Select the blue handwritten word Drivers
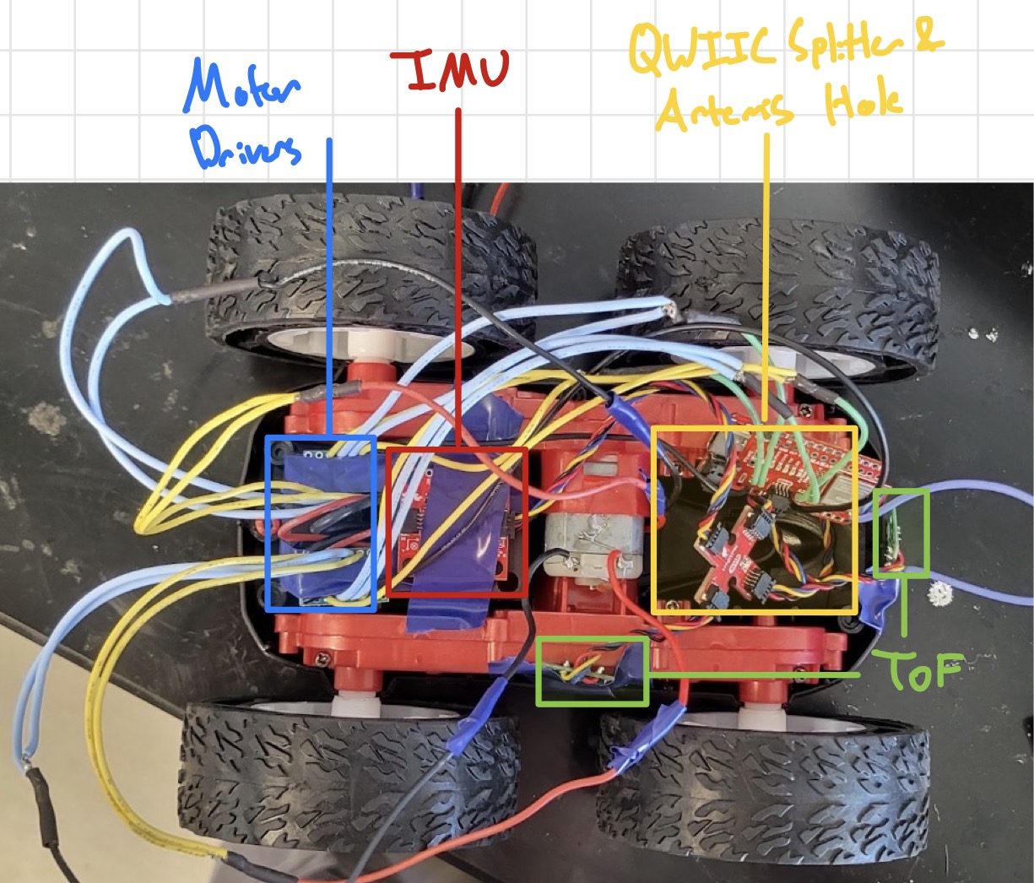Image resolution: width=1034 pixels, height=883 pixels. point(246,149)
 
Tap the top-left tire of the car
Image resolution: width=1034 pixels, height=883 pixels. point(371,270)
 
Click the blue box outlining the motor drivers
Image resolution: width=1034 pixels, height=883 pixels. point(267,523)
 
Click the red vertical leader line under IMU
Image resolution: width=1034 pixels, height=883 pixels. point(458,279)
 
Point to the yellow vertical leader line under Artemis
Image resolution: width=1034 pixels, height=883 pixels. point(766,279)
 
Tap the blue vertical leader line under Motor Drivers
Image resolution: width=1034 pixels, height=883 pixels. point(328,287)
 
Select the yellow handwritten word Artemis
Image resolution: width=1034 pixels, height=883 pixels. point(724,112)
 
